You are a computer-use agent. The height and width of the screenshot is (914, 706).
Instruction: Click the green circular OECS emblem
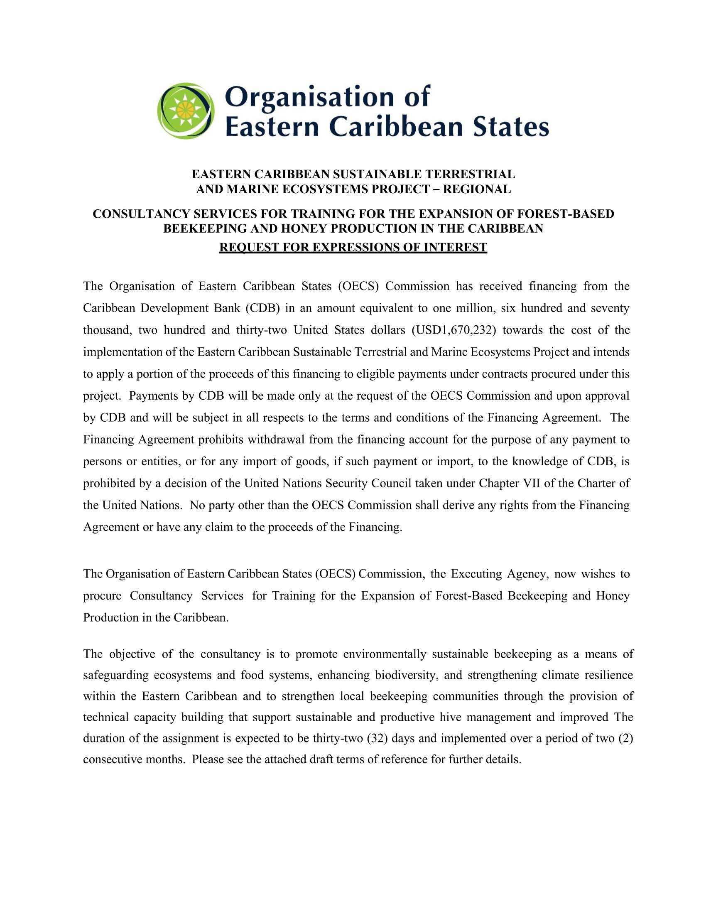pyautogui.click(x=186, y=111)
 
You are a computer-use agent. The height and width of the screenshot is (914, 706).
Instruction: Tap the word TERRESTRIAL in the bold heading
pyautogui.click(x=470, y=174)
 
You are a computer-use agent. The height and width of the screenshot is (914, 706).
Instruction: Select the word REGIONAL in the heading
pyautogui.click(x=477, y=189)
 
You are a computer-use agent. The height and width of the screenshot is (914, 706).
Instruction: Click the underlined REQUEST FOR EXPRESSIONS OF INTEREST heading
pyautogui.click(x=353, y=247)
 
